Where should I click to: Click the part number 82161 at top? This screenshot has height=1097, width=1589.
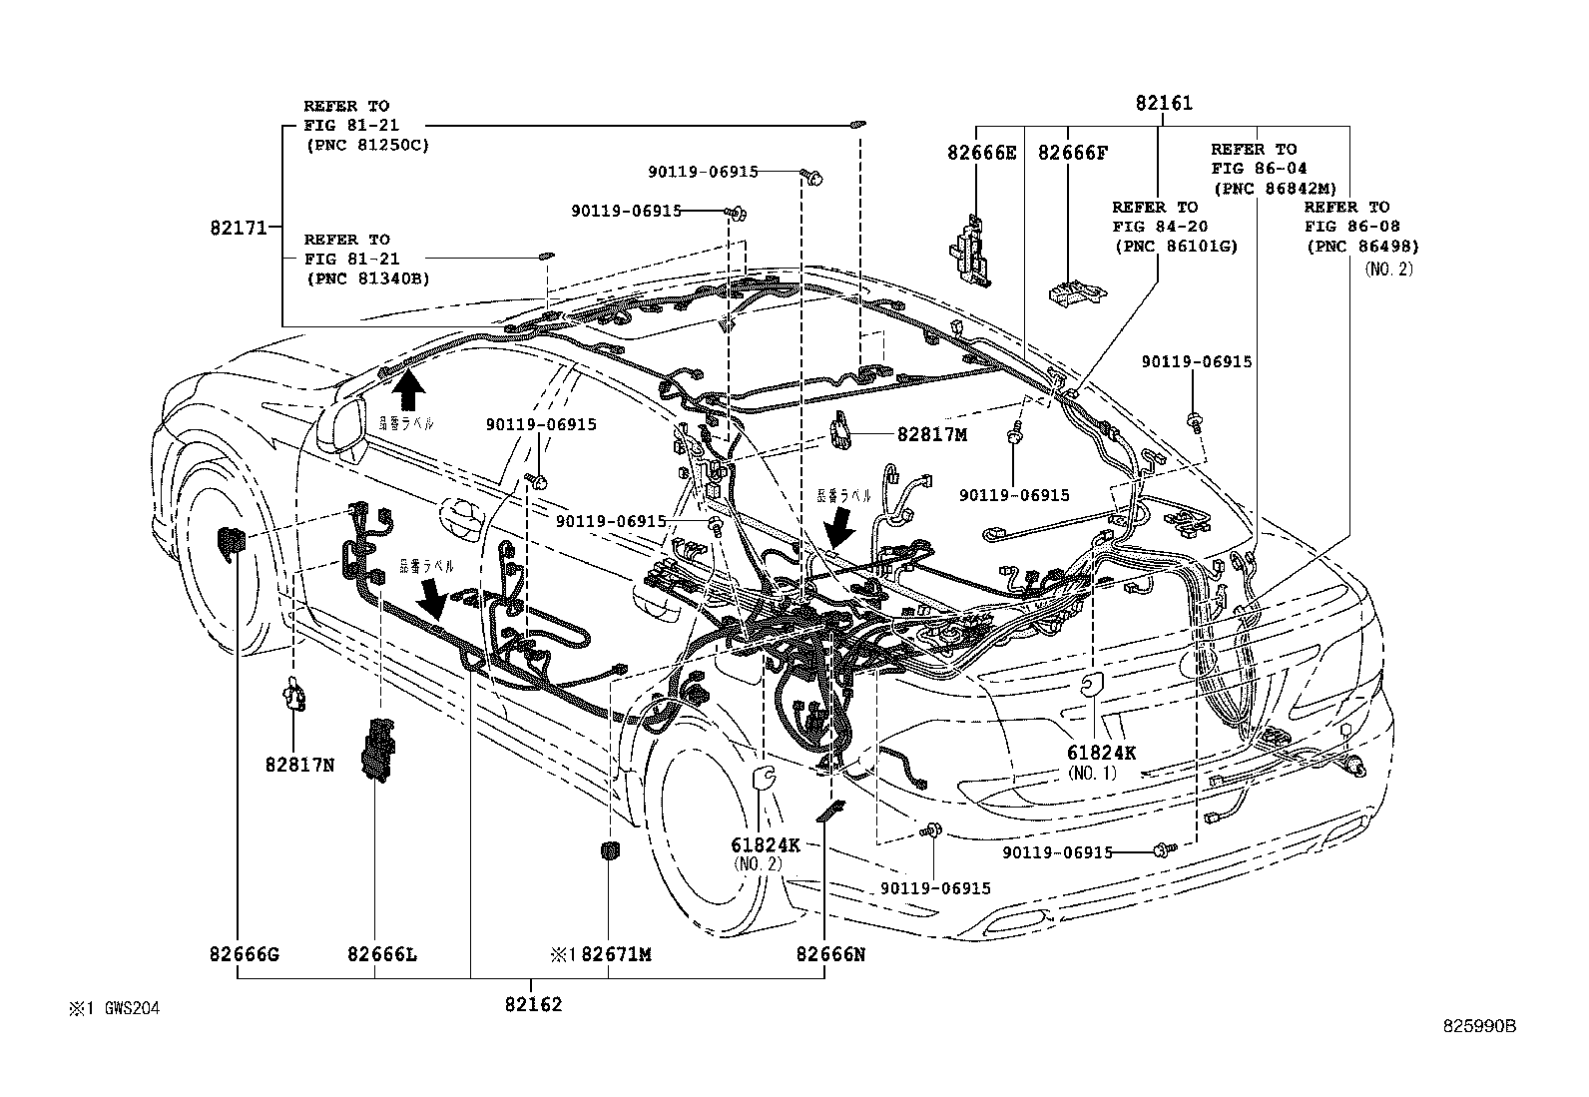[x=1163, y=103]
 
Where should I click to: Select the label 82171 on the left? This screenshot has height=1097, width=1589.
[x=239, y=228]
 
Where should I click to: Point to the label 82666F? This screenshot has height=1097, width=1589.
[x=1072, y=152]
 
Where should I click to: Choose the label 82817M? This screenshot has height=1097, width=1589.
[x=932, y=434]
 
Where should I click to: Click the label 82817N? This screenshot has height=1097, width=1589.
[x=299, y=765]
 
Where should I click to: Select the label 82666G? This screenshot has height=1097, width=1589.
[x=244, y=954]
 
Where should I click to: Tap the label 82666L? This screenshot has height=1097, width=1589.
[x=382, y=954]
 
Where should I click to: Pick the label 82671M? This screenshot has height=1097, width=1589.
[x=616, y=954]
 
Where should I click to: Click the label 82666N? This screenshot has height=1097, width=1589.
[x=829, y=954]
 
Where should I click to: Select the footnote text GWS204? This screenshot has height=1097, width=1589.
[x=127, y=1008]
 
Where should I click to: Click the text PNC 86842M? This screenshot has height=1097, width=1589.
[x=1274, y=188]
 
